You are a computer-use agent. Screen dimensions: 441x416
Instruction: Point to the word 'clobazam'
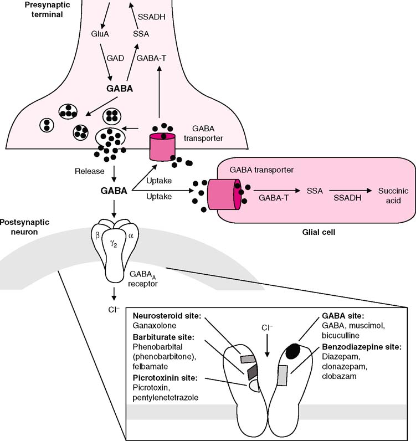[x=339, y=376]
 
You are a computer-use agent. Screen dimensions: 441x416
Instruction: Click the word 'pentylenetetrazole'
[x=166, y=398]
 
